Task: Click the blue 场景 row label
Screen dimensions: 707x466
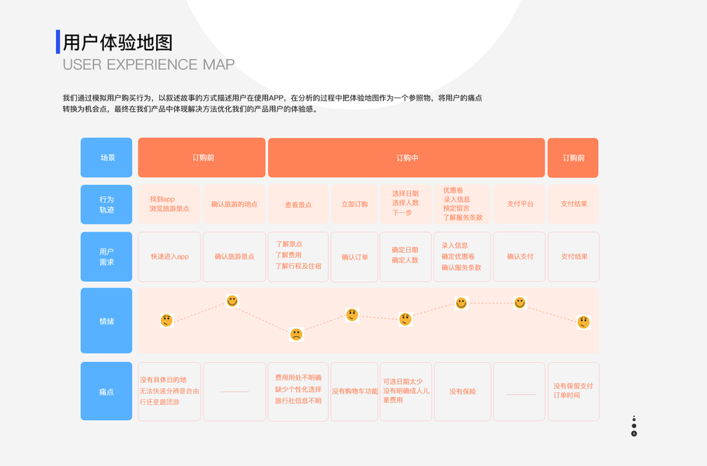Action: point(106,158)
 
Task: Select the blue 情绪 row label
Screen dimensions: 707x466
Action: point(106,321)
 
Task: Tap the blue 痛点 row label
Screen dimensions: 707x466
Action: point(106,391)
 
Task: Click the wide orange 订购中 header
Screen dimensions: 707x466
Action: point(406,158)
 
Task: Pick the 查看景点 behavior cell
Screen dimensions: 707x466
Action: point(298,204)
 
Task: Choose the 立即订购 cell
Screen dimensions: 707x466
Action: point(354,204)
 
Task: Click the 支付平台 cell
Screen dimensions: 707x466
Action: point(520,204)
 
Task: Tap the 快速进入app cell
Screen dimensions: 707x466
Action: point(169,256)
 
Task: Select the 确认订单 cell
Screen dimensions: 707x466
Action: point(354,256)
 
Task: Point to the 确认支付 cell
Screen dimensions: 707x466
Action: point(520,256)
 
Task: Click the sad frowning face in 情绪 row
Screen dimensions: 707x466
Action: point(296,335)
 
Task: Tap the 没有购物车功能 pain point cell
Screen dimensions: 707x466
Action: point(354,391)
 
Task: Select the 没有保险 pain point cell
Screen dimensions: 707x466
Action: point(462,391)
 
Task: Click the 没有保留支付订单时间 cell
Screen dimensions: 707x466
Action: point(573,391)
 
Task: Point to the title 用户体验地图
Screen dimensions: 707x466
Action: point(117,42)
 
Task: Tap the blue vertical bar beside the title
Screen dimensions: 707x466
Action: point(57,42)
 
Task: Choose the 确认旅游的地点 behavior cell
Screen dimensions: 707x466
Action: point(234,204)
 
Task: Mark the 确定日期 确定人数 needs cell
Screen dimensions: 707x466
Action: point(405,256)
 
